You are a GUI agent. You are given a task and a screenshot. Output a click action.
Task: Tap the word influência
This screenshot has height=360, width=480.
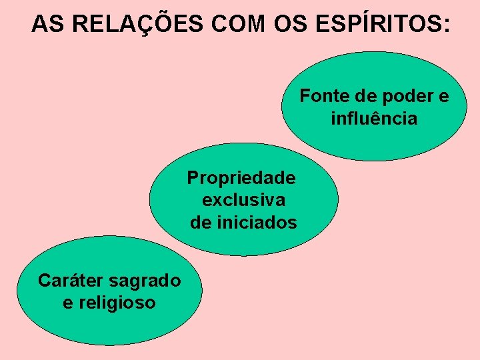point(374,119)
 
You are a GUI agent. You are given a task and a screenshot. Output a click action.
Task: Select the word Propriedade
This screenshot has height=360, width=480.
point(241,178)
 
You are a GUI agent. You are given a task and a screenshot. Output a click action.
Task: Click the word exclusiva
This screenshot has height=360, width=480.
point(243,200)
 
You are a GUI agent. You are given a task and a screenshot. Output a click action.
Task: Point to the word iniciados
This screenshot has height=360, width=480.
point(257,223)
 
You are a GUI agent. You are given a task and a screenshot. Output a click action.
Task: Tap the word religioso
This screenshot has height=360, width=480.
point(117,303)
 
